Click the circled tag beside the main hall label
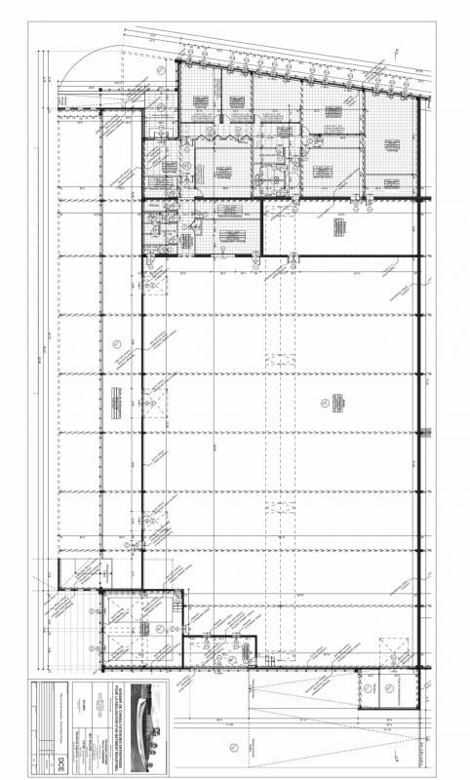[x=323, y=402]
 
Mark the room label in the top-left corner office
[x=200, y=100]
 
